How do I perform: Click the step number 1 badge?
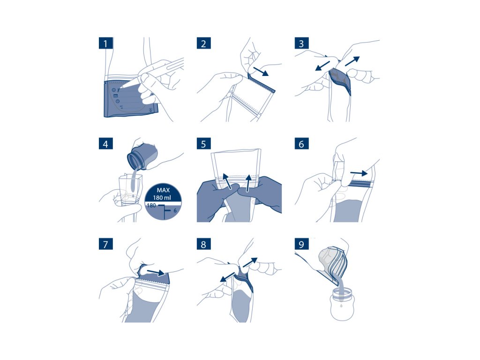[x=105, y=43]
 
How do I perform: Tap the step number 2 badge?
[x=203, y=43]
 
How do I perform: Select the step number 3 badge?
[x=301, y=43]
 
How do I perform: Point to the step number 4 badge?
[x=105, y=143]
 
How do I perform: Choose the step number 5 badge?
[x=203, y=143]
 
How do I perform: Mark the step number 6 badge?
[x=301, y=143]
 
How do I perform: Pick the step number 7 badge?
[x=105, y=244]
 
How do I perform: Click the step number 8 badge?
[x=203, y=244]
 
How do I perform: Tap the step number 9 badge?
[x=301, y=244]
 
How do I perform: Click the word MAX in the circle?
[x=163, y=190]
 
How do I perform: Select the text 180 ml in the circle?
[x=162, y=197]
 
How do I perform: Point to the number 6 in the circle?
[x=175, y=210]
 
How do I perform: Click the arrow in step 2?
[x=261, y=72]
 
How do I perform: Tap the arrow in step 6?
[x=359, y=173]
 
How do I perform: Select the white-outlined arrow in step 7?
[x=156, y=272]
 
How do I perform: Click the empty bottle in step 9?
[x=342, y=305]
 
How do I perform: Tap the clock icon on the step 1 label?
[x=118, y=101]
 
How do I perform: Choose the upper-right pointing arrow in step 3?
[x=352, y=61]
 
